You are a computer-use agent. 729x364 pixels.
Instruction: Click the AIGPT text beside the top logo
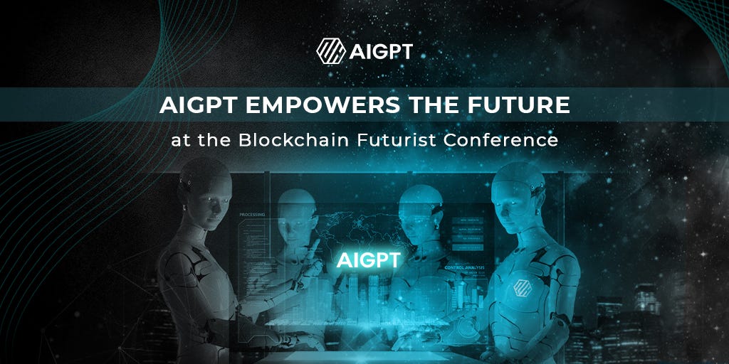(381, 51)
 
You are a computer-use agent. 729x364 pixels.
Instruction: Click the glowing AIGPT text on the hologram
(368, 259)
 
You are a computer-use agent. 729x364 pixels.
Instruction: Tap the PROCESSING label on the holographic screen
(252, 214)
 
